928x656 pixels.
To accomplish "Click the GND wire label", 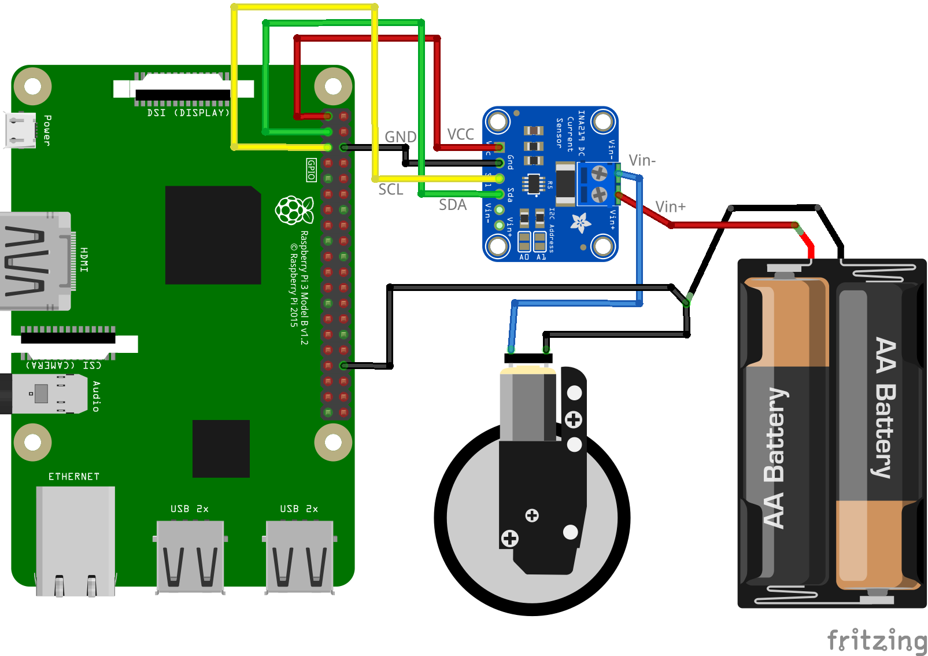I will (x=400, y=137).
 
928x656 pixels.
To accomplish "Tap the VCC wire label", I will (x=460, y=135).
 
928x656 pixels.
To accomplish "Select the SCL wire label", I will (x=390, y=190).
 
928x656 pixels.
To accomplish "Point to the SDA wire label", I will (x=452, y=205).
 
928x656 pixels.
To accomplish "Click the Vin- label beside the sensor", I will (x=642, y=161).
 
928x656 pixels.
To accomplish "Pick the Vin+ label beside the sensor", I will (x=670, y=207).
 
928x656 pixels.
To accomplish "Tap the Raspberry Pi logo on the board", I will (x=294, y=210).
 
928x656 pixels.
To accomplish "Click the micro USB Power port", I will (x=20, y=130).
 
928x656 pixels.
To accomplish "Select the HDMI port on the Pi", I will (x=36, y=261).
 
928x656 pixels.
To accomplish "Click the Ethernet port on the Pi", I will (x=75, y=541).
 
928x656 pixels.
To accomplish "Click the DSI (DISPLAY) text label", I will (x=188, y=113).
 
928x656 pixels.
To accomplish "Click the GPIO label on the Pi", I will (x=311, y=170).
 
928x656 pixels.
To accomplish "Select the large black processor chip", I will (x=213, y=235).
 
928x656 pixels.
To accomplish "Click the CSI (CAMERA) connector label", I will (x=64, y=365).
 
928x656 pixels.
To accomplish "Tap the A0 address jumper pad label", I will (x=524, y=257).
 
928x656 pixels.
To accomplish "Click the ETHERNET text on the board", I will (x=74, y=477).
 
